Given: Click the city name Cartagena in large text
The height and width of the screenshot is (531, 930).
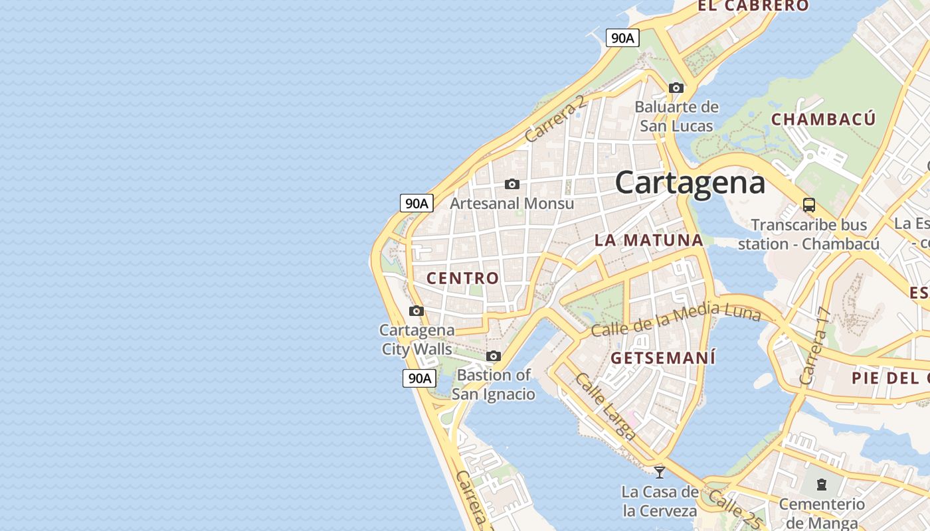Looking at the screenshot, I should click(x=690, y=183).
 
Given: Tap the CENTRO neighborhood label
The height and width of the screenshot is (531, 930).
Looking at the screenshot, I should click(x=462, y=278).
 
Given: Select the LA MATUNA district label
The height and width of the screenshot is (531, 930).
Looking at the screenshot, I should click(x=648, y=240).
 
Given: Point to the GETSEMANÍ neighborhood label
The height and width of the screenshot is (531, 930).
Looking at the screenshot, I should click(x=663, y=358).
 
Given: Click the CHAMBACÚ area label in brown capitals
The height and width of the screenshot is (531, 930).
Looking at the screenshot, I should click(x=823, y=119).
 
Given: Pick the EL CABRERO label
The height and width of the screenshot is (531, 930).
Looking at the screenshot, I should click(x=753, y=6).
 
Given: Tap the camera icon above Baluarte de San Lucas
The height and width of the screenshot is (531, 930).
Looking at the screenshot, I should click(x=676, y=88).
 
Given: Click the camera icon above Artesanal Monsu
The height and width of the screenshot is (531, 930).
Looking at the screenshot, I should click(x=511, y=184).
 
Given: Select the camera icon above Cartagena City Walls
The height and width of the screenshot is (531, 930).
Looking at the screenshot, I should click(x=417, y=311).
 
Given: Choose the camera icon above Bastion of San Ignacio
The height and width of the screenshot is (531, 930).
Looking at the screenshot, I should click(x=493, y=356).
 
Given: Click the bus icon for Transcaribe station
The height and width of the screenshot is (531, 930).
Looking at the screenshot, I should click(x=808, y=204).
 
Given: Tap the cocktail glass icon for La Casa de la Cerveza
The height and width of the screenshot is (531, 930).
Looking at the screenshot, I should click(x=660, y=472).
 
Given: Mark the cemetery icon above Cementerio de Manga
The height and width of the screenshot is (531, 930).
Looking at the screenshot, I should click(x=822, y=485).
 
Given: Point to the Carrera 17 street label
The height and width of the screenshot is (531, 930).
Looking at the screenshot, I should click(x=816, y=346).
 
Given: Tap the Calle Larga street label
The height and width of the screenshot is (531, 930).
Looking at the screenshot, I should click(x=604, y=406).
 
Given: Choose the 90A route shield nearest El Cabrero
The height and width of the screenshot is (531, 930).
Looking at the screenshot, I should click(x=622, y=38).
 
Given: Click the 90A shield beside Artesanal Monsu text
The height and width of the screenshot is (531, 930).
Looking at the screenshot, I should click(x=417, y=203).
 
